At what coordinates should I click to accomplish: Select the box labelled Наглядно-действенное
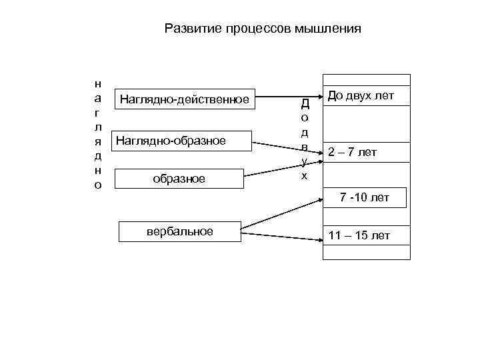click(185, 100)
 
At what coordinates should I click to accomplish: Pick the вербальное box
click(179, 231)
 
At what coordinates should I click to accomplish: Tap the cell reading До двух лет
click(365, 97)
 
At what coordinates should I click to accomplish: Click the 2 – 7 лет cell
click(365, 153)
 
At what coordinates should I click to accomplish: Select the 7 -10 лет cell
click(365, 197)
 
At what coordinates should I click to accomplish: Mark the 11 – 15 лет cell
click(365, 236)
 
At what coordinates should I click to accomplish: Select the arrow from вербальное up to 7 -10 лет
click(280, 215)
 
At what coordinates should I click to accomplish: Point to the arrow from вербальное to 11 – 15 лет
click(280, 235)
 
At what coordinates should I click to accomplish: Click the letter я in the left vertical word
click(98, 141)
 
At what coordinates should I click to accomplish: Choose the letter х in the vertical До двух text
click(305, 175)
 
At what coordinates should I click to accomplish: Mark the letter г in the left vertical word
click(98, 113)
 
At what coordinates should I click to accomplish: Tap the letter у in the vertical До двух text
click(305, 161)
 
